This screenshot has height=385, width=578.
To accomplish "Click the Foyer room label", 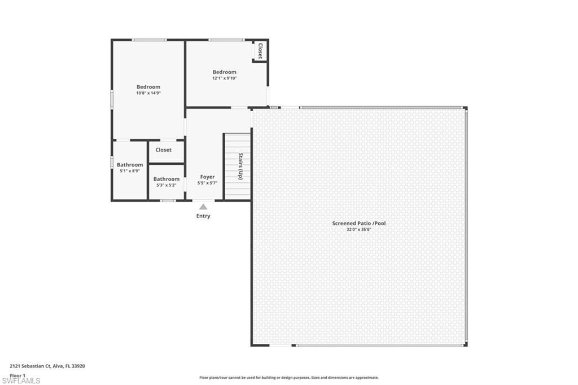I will click(x=207, y=177).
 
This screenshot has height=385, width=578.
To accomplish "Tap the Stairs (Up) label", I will click(x=240, y=166).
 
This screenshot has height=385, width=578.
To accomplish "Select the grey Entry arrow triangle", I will click(x=203, y=207).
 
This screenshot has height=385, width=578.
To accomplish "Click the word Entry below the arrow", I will click(x=203, y=216).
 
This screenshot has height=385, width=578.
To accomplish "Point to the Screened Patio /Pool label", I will click(x=359, y=224).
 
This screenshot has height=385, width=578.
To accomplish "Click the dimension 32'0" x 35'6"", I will click(x=359, y=230).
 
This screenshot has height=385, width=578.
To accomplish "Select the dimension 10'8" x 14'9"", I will click(x=148, y=93).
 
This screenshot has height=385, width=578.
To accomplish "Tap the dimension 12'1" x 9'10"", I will click(x=224, y=78).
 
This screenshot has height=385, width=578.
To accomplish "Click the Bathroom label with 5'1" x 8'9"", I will click(x=130, y=165).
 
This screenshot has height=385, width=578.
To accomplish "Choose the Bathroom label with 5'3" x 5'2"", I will click(x=167, y=179).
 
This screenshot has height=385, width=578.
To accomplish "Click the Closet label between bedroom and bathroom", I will click(x=164, y=150).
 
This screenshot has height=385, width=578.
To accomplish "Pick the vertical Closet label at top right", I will click(x=260, y=51).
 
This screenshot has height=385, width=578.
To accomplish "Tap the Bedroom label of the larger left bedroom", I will click(x=148, y=87).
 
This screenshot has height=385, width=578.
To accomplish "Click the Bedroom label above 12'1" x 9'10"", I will click(x=224, y=72).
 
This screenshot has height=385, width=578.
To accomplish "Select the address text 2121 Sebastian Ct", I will click(x=47, y=366).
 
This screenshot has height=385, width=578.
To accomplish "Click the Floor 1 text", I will click(x=18, y=375).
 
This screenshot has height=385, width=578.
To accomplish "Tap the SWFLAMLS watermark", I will click(x=21, y=381).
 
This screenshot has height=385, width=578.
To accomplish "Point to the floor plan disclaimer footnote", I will click(x=288, y=378).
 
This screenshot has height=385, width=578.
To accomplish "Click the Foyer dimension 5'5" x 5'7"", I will click(x=207, y=183).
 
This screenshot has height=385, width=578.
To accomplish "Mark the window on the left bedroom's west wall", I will click(x=112, y=99).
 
